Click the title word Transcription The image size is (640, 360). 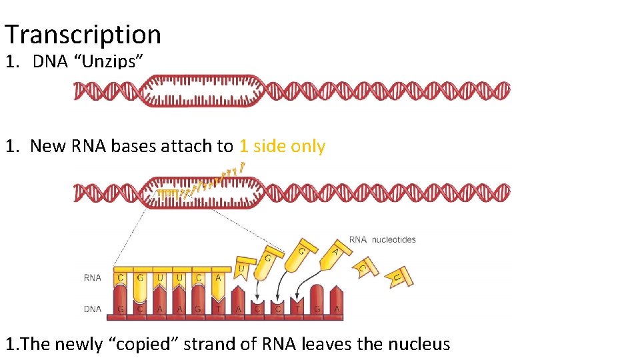[x=83, y=34]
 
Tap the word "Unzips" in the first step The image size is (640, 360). [x=111, y=62]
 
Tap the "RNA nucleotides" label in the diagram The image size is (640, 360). [x=383, y=240]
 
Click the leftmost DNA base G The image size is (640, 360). [x=121, y=309]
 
